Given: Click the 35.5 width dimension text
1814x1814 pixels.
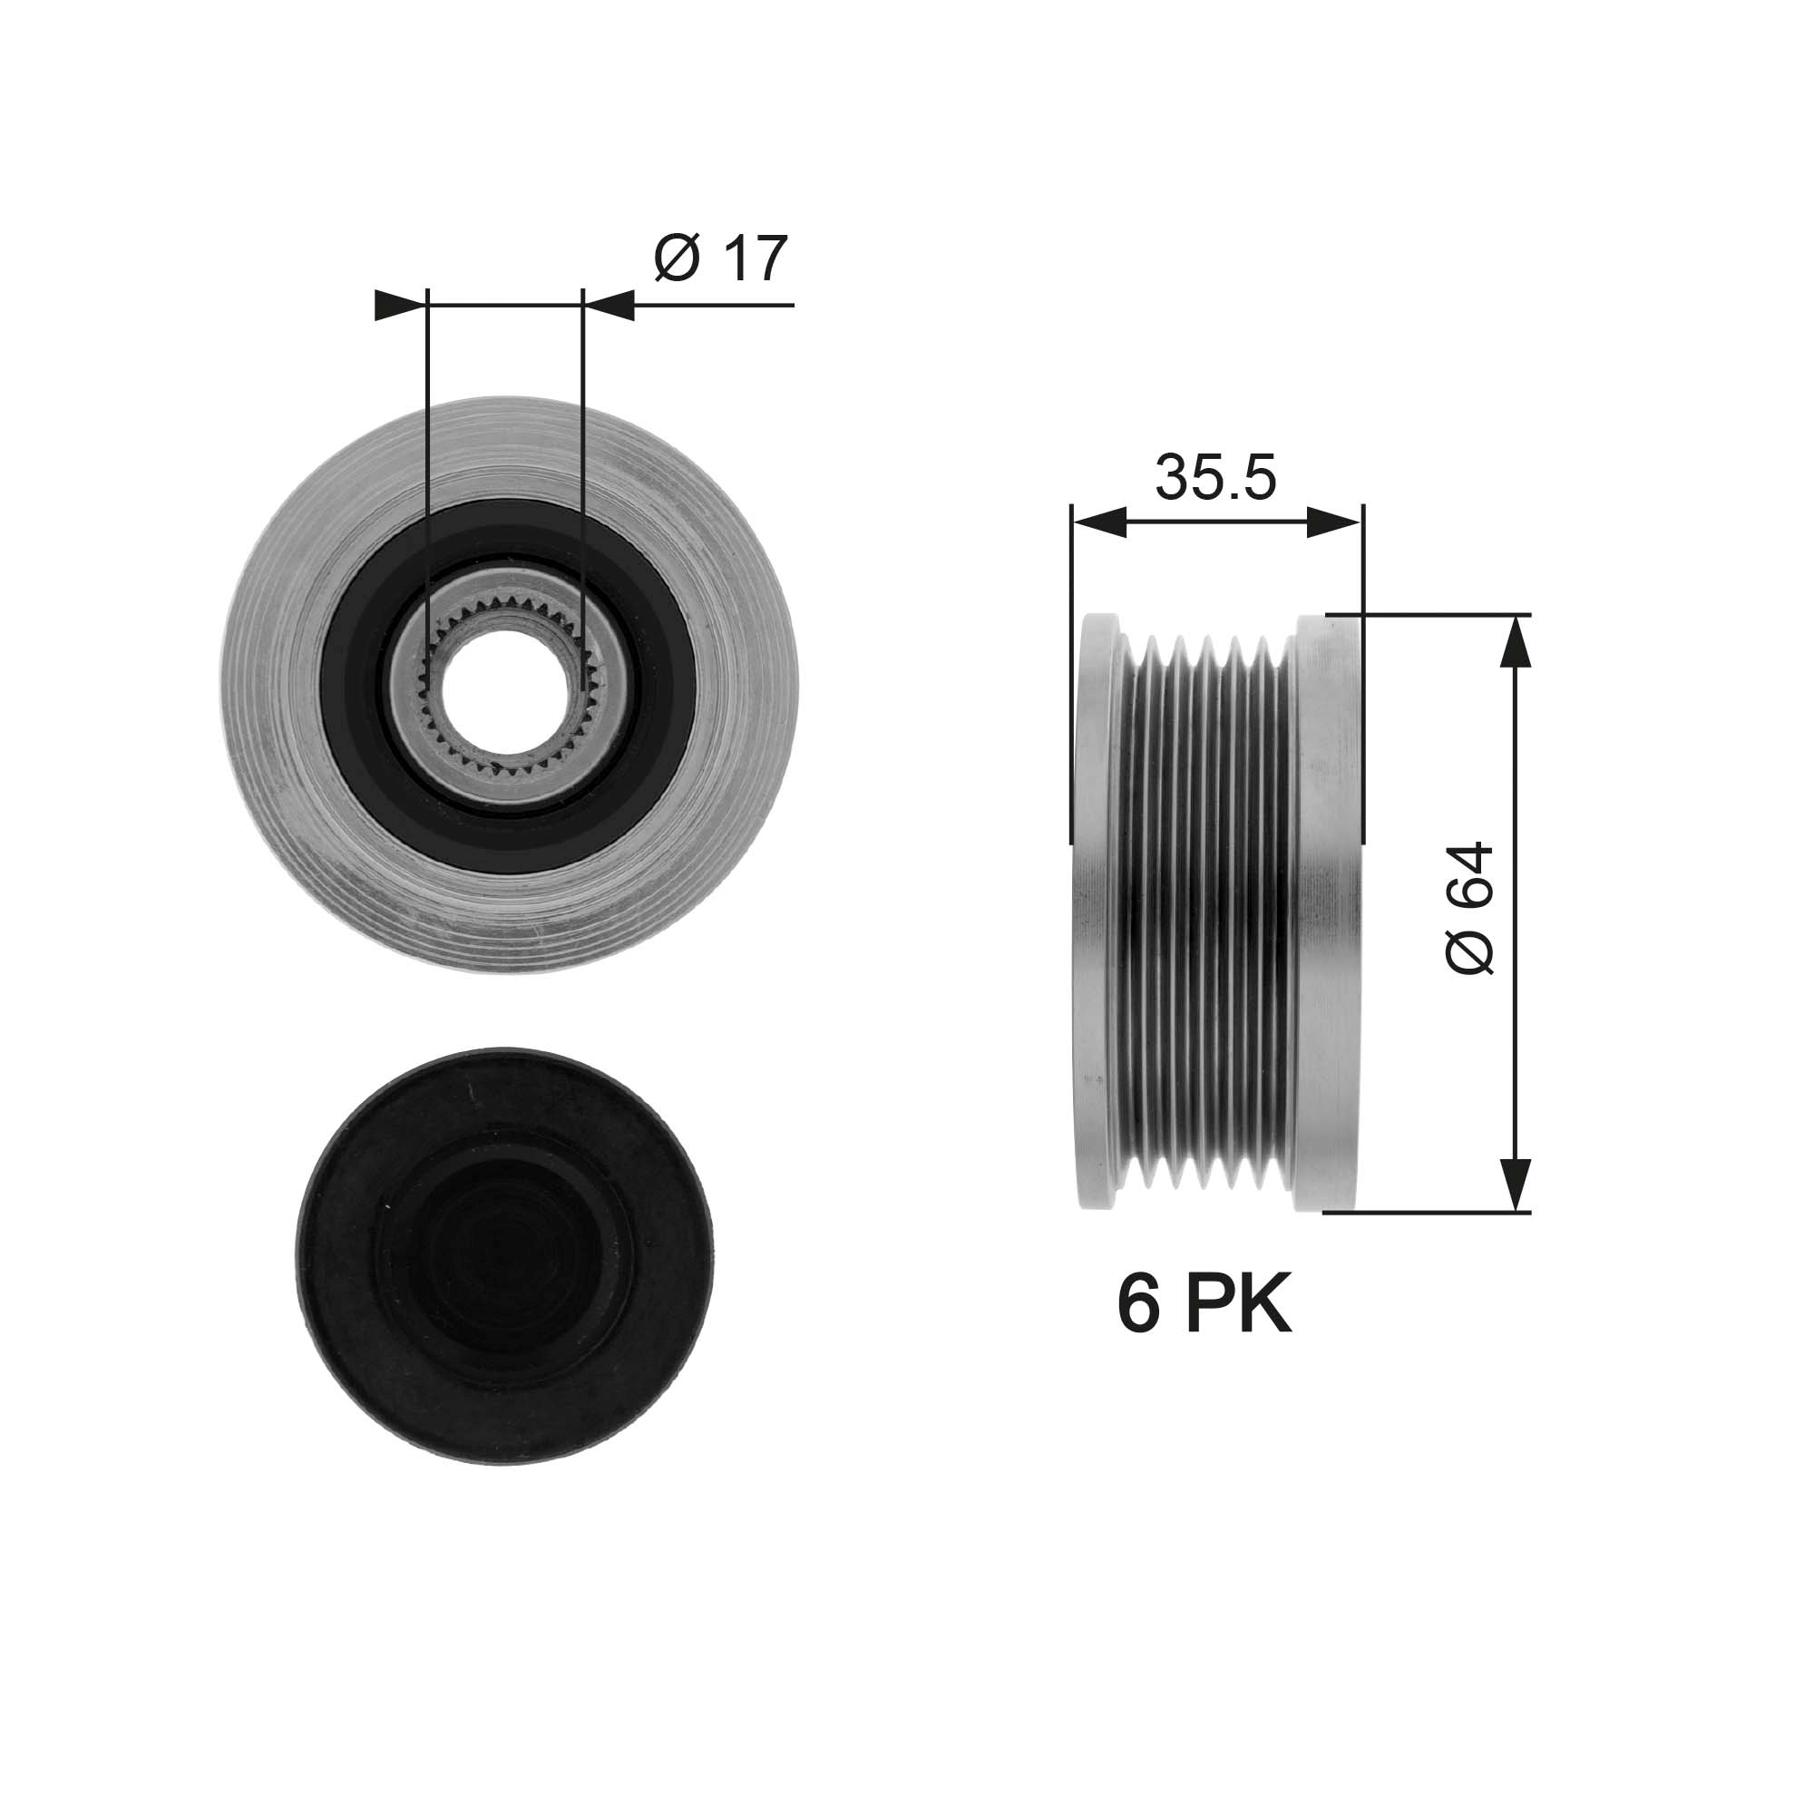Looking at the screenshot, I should tap(1215, 477).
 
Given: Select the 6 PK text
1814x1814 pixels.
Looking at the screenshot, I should tap(1204, 1305).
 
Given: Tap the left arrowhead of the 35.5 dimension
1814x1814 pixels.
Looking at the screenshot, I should tap(1098, 523).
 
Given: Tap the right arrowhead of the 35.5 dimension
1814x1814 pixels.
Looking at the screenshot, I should tap(1334, 523).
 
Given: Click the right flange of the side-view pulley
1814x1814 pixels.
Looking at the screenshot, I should tap(1326, 911).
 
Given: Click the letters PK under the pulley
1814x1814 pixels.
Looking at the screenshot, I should tap(1239, 1305).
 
